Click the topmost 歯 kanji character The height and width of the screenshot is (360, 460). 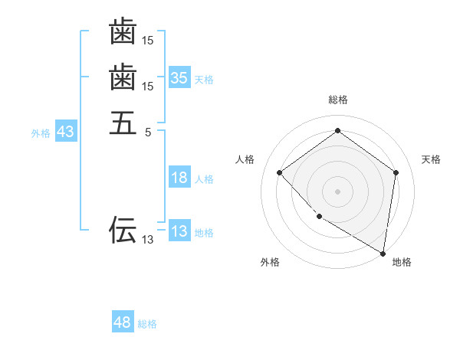click(x=123, y=32)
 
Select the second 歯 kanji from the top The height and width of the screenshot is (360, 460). click(x=123, y=77)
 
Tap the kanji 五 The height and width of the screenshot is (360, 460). click(x=123, y=123)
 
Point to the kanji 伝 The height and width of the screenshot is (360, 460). click(x=123, y=229)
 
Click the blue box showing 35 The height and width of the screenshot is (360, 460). click(x=179, y=77)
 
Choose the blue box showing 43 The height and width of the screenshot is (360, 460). click(x=65, y=132)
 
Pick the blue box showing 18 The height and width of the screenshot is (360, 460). click(x=179, y=178)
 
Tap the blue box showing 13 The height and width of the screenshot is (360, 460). click(x=179, y=231)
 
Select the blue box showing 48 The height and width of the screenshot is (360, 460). click(x=123, y=322)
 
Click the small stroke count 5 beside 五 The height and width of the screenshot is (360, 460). click(x=149, y=132)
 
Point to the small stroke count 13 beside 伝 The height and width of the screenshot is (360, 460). click(x=148, y=240)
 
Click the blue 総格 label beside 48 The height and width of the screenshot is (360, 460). click(x=147, y=324)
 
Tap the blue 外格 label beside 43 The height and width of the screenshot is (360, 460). click(x=41, y=133)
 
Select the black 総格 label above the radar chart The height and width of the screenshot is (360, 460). click(x=338, y=100)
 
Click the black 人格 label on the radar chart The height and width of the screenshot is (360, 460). click(x=245, y=159)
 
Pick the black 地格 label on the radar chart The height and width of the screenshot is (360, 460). click(x=402, y=263)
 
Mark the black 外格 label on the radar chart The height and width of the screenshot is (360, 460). click(x=270, y=263)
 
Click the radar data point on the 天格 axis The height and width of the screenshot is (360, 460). click(x=396, y=172)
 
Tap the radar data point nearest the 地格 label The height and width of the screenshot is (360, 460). click(x=383, y=252)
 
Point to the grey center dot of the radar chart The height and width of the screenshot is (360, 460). click(x=338, y=191)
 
